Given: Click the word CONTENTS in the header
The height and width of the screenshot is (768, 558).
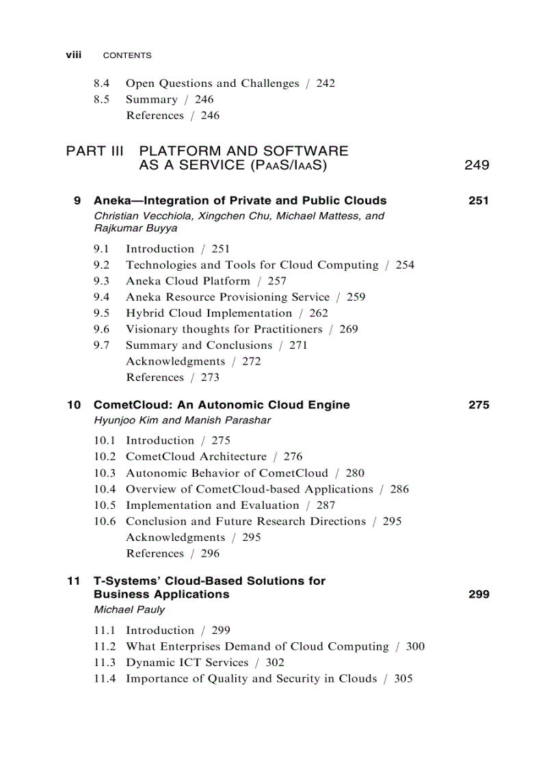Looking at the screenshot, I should pos(127,55).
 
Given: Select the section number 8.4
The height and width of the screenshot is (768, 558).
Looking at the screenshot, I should pos(102,83).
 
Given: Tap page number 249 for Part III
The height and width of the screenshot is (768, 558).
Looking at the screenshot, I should pos(477,165).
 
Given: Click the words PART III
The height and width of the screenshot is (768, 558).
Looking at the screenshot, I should pos(95,150).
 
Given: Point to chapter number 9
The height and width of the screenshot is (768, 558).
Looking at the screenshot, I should pos(77,201).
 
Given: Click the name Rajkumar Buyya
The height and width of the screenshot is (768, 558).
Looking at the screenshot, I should pos(135,228).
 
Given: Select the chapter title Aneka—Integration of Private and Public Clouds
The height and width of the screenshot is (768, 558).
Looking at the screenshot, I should pos(240,201).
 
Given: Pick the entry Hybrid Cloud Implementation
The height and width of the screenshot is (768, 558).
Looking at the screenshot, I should pos(209,313).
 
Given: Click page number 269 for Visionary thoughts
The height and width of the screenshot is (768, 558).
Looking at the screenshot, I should pos(348,329).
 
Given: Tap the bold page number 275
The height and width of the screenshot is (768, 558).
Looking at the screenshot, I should pos(479,405).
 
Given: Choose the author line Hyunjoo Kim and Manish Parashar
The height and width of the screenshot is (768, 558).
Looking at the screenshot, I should pos(182,421).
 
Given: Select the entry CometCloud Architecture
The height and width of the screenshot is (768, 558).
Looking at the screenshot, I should pos(196,456).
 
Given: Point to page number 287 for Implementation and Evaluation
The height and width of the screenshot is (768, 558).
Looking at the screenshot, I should pos(325,505).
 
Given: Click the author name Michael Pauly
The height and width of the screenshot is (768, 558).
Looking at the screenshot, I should pos(129,609).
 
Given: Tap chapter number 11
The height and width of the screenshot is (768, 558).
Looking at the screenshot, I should pos(74,581).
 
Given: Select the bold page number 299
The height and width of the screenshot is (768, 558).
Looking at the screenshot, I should pos(479,595).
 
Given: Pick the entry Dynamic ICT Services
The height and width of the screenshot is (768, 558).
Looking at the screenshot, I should pos(187,662).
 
